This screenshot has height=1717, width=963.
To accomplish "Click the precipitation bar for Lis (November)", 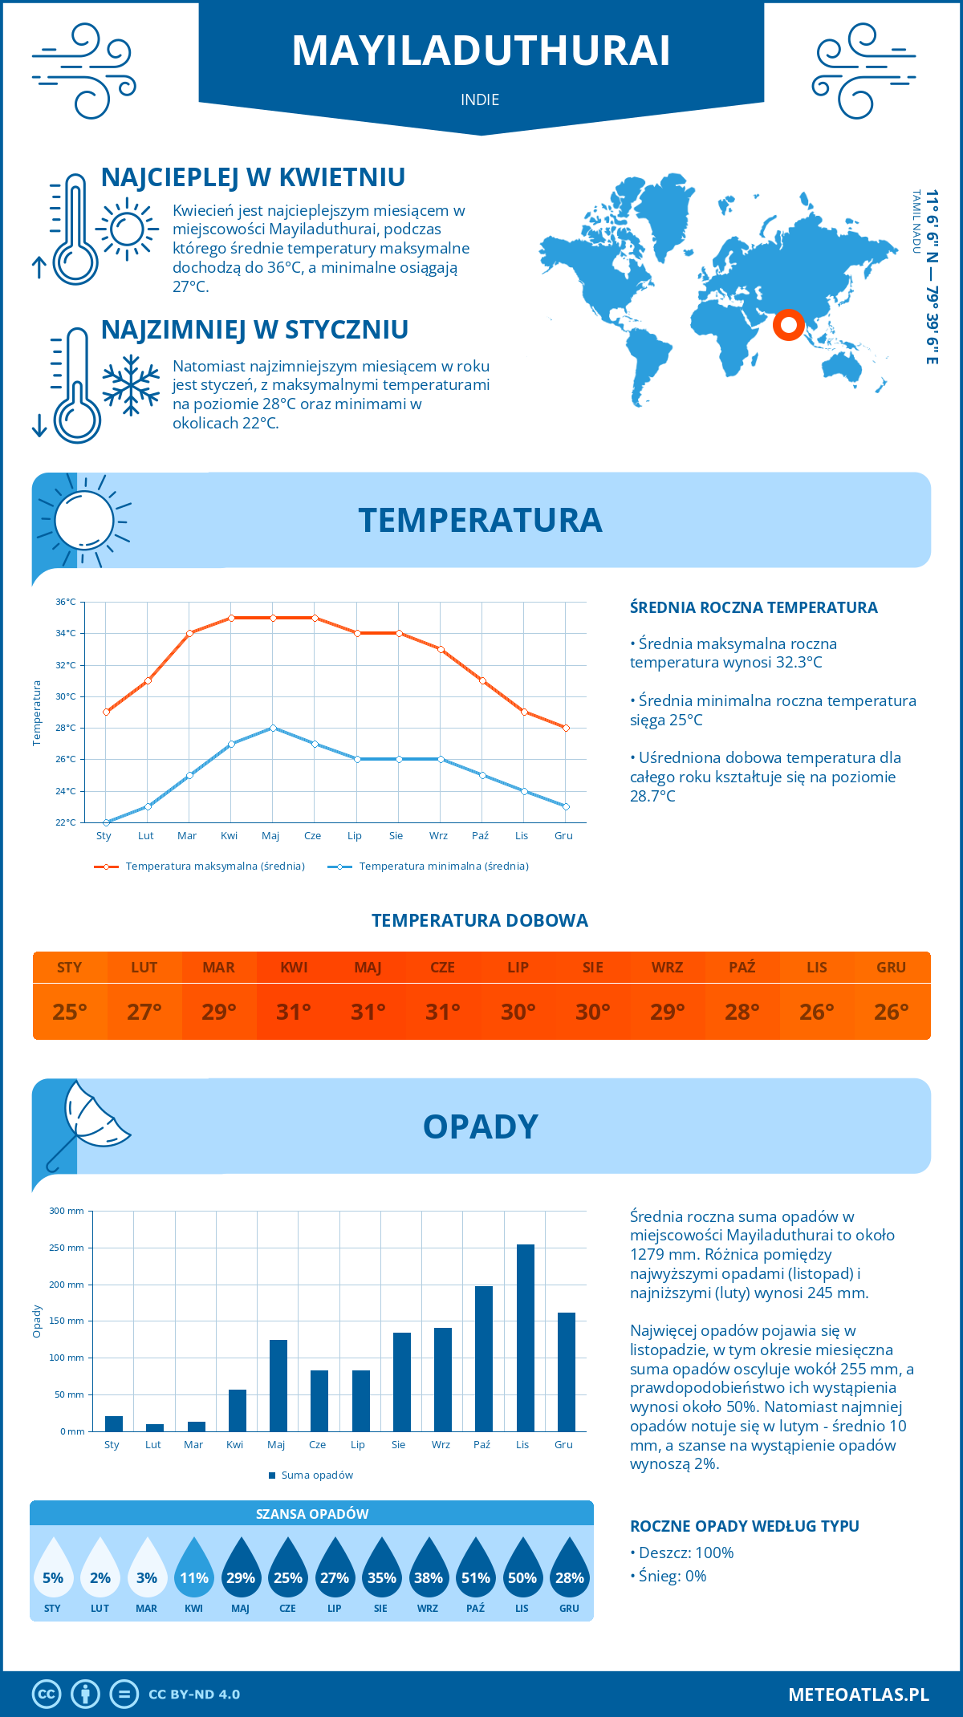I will tap(526, 1337).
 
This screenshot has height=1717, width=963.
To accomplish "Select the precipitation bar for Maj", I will tap(278, 1386).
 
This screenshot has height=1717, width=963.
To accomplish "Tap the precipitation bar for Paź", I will tap(484, 1358).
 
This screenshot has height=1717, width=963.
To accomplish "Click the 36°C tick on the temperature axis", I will tap(66, 602).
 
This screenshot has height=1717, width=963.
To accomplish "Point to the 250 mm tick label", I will tap(67, 1248).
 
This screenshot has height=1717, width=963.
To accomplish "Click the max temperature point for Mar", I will tap(189, 633).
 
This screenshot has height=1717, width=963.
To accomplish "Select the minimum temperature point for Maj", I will tap(273, 728).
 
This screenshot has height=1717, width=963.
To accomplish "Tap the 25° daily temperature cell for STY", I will tap(70, 1012).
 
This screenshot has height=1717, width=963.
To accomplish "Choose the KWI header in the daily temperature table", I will tap(294, 968).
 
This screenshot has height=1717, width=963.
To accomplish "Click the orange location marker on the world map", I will tap(789, 325).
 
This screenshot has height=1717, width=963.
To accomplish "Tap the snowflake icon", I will tap(131, 385).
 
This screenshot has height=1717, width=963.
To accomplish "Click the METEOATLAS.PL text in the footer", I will tap(858, 1695).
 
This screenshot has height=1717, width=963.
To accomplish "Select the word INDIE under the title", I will tap(480, 99).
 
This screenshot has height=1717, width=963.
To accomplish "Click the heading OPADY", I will tap(480, 1126).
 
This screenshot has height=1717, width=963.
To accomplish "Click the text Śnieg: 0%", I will tap(668, 1576).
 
